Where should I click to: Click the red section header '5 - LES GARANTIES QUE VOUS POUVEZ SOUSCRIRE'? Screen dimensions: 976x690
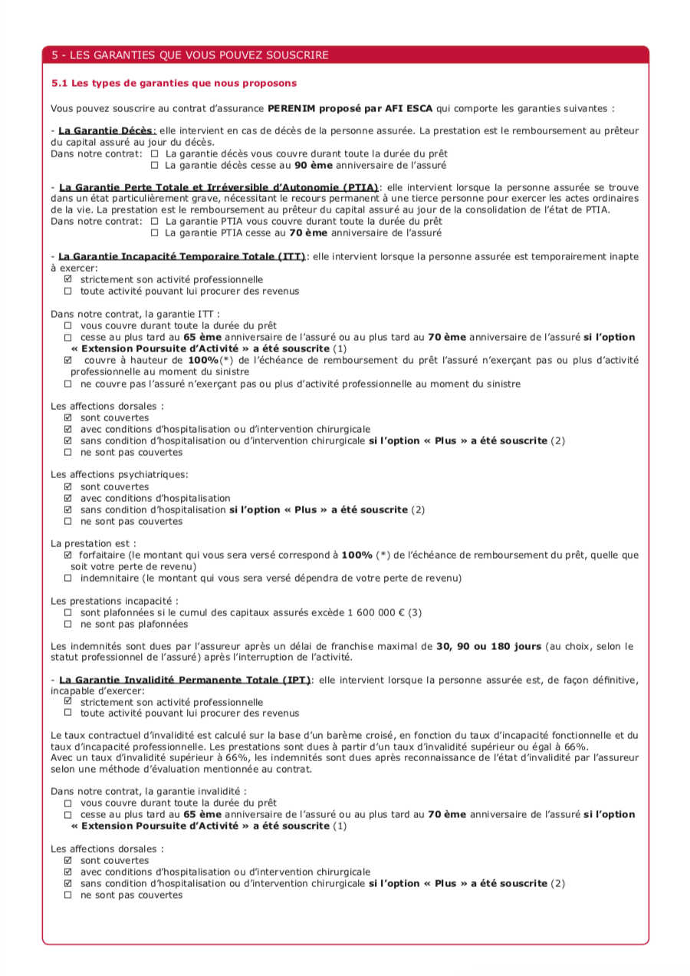[x=190, y=55]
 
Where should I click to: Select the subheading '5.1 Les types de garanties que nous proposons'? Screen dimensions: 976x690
[x=174, y=83]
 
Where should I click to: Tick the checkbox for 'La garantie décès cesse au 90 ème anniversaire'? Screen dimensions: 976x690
[x=154, y=165]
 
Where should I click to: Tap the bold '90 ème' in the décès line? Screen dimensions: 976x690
[x=313, y=165]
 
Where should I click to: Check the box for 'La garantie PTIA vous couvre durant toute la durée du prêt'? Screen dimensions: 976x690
[x=154, y=221]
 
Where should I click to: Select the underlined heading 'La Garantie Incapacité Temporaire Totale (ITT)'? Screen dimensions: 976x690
[x=182, y=256]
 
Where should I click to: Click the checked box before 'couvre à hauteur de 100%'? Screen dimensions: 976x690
[x=68, y=360]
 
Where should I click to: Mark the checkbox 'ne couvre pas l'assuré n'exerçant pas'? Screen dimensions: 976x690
[x=68, y=384]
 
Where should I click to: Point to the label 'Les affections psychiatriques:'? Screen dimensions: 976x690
[x=120, y=475]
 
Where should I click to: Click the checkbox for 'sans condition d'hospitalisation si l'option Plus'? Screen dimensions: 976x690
[x=68, y=509]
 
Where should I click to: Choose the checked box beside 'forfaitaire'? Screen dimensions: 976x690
[x=68, y=555]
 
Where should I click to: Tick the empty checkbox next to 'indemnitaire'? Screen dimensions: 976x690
[x=68, y=578]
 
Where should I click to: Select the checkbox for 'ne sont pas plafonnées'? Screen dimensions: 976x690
[x=68, y=624]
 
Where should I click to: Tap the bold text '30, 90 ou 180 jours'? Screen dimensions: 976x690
[x=488, y=647]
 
